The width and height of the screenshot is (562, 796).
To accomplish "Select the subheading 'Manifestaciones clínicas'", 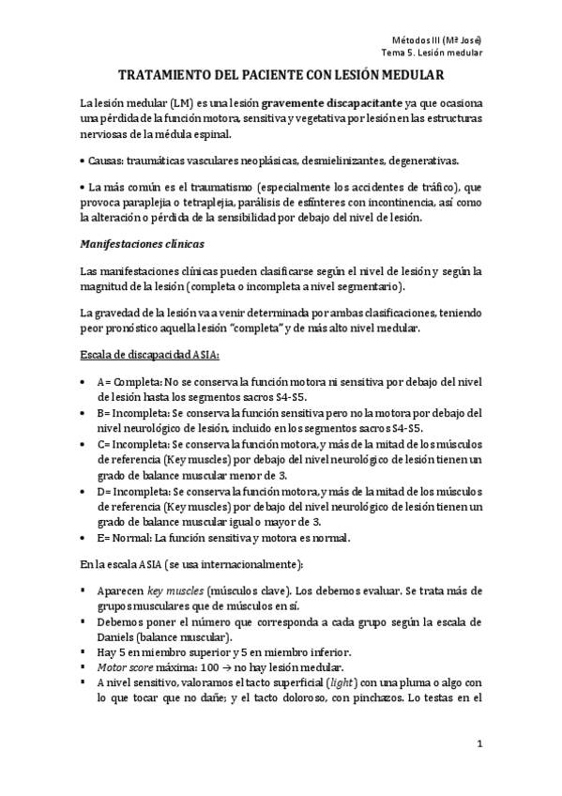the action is [140, 244].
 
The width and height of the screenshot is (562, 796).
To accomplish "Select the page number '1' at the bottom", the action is [478, 745].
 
